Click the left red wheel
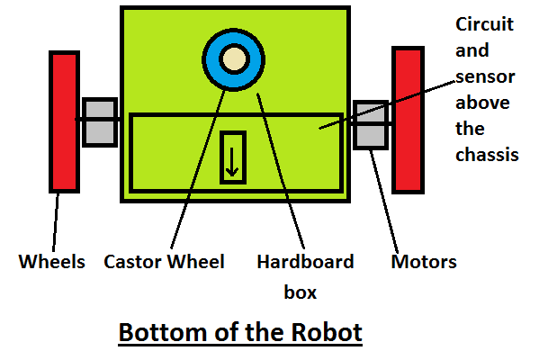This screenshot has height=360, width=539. click(x=64, y=121)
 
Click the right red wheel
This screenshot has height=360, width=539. click(x=408, y=119)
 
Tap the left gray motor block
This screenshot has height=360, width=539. click(x=100, y=122)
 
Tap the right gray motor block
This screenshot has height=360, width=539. click(x=370, y=125)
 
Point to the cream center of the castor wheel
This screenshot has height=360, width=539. click(x=234, y=59)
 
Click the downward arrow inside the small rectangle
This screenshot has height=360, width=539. click(x=232, y=158)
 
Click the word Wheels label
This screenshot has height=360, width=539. click(x=52, y=263)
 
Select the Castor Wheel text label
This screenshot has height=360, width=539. click(x=164, y=263)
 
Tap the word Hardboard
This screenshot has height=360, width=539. click(x=305, y=263)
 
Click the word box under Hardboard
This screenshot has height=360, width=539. click(x=304, y=292)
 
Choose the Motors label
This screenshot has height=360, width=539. click(x=424, y=263)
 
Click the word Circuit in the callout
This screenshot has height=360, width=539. click(x=485, y=25)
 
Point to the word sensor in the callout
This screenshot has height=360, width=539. click(x=483, y=77)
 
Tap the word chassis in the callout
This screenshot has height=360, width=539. click(x=487, y=155)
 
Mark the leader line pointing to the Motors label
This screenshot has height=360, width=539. click(x=382, y=198)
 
